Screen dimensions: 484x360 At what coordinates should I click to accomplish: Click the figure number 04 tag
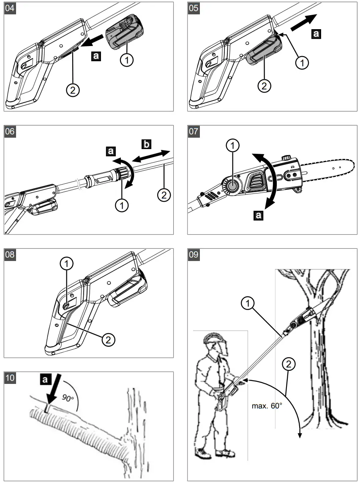(x=9, y=8)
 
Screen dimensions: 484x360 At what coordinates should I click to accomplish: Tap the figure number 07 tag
(x=194, y=131)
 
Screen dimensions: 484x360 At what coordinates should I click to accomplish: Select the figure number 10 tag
(x=9, y=378)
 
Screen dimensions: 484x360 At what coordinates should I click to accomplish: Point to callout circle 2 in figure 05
(x=264, y=86)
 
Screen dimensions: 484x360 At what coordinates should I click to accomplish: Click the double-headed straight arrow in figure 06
(x=150, y=155)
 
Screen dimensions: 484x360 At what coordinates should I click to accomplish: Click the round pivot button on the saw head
(x=232, y=185)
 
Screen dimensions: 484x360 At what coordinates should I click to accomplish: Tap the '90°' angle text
(x=67, y=398)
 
